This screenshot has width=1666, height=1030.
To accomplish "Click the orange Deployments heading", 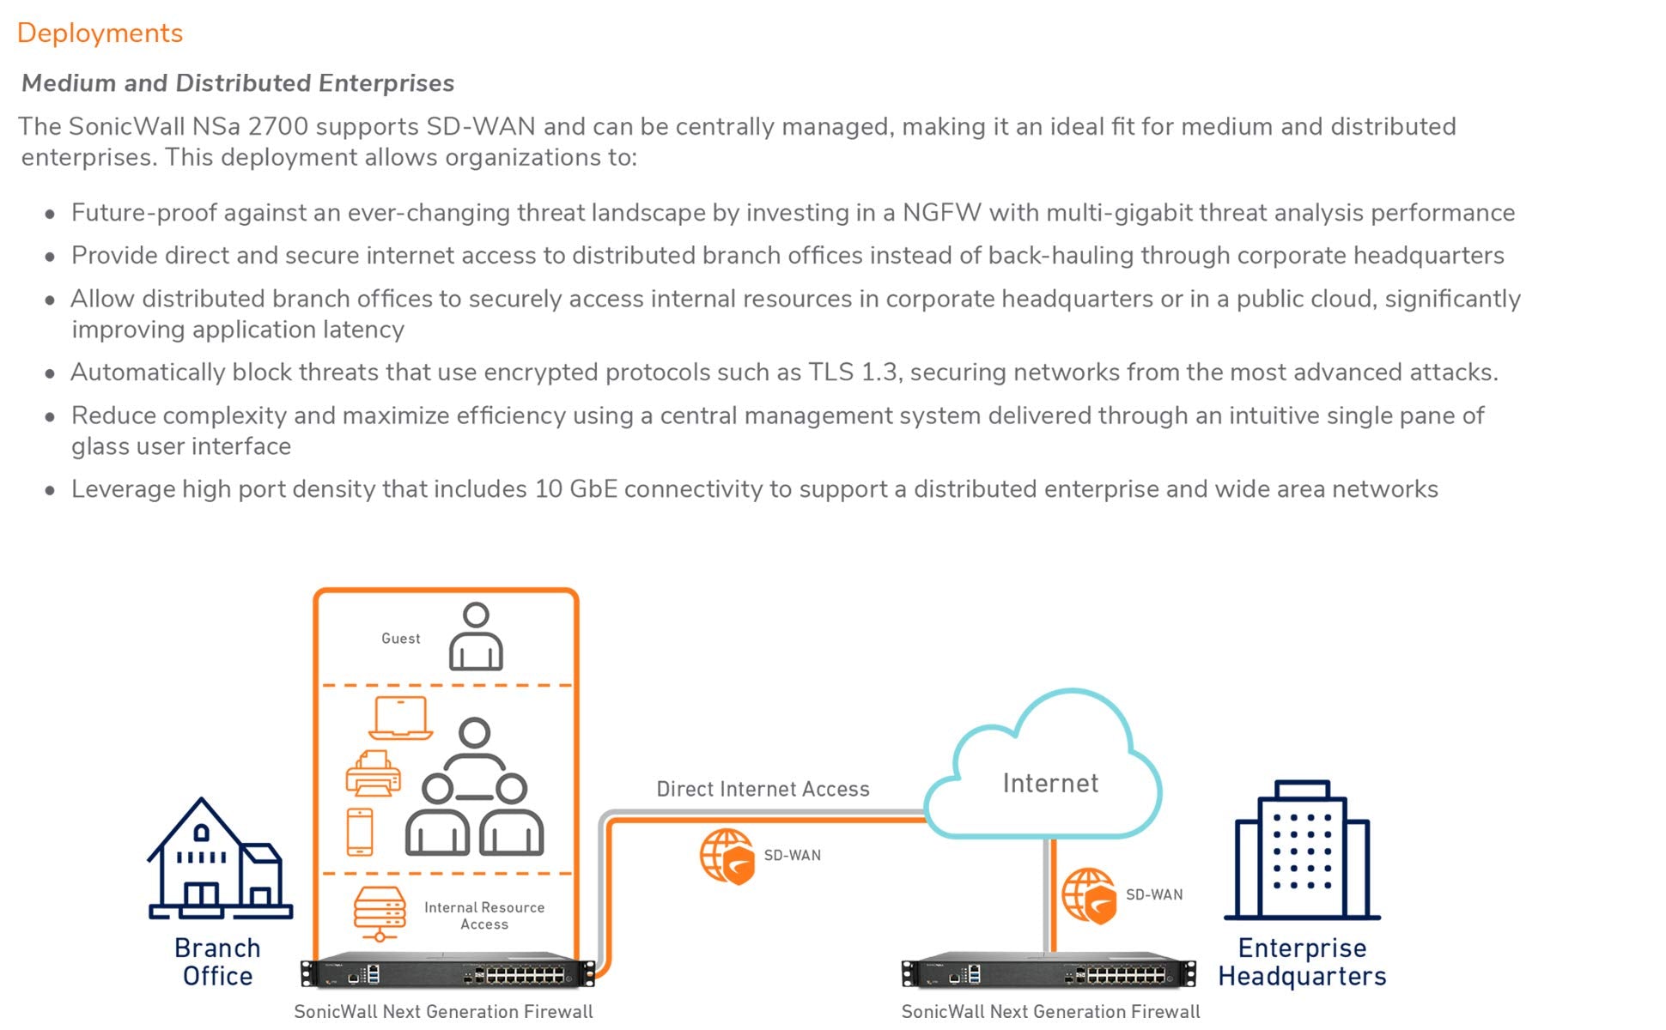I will point(100,33).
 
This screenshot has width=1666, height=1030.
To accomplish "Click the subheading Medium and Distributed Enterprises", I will point(238,83).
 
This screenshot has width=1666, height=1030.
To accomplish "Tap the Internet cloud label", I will point(1050,783).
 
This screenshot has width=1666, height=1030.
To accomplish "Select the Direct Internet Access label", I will point(763,789).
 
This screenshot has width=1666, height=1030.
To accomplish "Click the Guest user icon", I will point(476,637).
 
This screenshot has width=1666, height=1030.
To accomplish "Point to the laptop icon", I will point(400,718).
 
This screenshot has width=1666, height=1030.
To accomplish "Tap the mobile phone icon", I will point(360,832).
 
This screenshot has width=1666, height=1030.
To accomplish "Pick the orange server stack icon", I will point(380,913).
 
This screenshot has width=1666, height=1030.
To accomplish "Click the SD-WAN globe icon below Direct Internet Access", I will point(727,856).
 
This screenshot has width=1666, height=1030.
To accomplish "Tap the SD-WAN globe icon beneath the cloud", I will point(1089,895).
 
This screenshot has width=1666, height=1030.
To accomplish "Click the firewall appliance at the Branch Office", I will point(447,972).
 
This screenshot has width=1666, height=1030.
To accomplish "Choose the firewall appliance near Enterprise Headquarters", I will point(1049,972).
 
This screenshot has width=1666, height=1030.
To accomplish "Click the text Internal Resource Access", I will point(484,916).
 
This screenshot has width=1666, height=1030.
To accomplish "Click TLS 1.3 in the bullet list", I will point(854,373).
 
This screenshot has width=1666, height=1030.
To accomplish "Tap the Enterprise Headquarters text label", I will point(1302,962).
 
